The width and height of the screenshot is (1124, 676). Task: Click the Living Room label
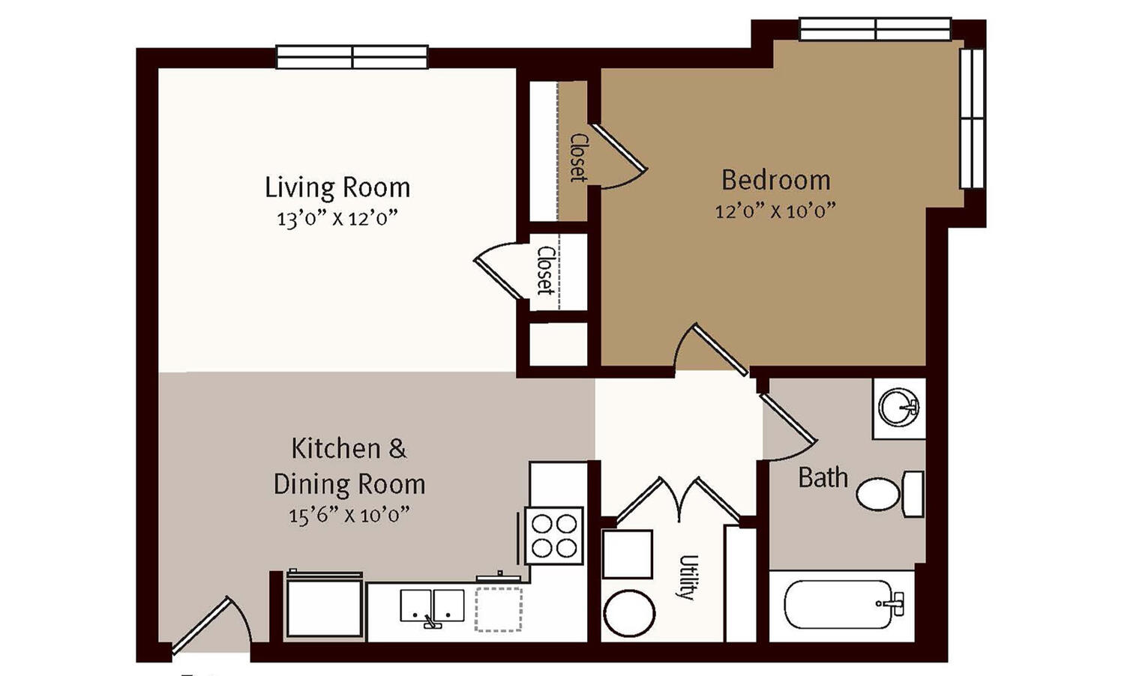337,187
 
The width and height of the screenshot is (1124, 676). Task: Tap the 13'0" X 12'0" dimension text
337,219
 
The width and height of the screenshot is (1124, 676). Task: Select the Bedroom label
776,180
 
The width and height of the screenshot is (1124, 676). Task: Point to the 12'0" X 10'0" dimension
776,211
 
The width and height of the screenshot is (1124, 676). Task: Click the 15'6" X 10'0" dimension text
349,515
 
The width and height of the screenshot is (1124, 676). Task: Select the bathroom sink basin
899,407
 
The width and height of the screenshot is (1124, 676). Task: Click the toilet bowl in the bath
877,495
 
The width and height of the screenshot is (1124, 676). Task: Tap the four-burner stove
554,536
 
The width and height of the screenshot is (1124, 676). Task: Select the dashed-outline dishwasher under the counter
499,609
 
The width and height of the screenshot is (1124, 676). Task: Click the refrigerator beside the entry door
324,608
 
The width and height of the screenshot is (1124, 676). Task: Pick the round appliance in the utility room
629,613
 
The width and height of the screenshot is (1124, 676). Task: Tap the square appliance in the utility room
627,554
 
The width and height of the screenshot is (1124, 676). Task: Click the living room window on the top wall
352,57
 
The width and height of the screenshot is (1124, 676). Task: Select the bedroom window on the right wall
972,118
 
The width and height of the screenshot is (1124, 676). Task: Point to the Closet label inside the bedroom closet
578,157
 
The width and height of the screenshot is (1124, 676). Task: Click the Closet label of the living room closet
545,270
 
